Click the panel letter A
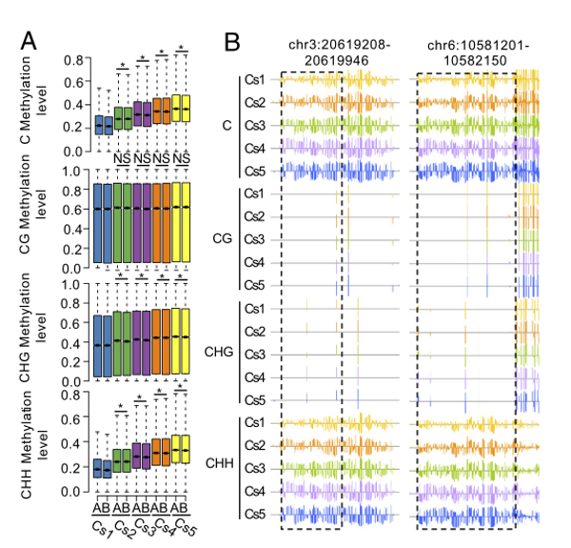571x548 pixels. (30, 41)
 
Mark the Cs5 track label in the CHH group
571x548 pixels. (255, 514)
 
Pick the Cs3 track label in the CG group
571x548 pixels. (255, 239)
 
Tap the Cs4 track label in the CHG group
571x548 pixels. (255, 376)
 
